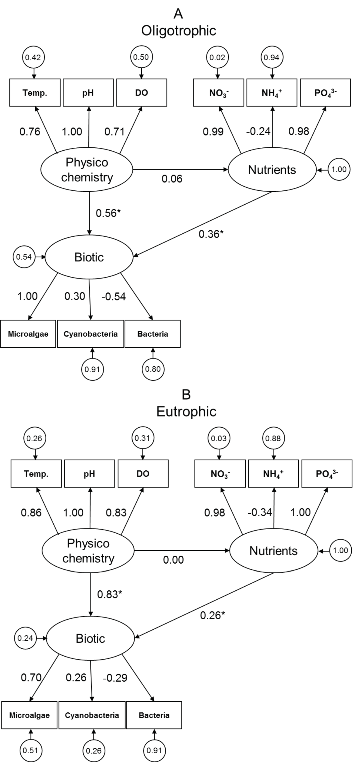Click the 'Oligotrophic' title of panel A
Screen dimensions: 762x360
[x=178, y=31]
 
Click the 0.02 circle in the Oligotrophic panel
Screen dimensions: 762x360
[x=217, y=57]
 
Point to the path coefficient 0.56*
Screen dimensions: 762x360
[x=108, y=213]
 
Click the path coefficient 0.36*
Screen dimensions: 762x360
[x=211, y=234]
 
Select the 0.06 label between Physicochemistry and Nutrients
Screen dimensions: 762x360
[x=172, y=179]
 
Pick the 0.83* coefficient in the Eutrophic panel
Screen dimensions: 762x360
[x=109, y=594]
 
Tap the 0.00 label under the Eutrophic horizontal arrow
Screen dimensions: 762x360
[x=173, y=560]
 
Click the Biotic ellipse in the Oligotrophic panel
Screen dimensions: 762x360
[x=89, y=257]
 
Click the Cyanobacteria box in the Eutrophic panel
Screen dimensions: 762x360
[x=92, y=715]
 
